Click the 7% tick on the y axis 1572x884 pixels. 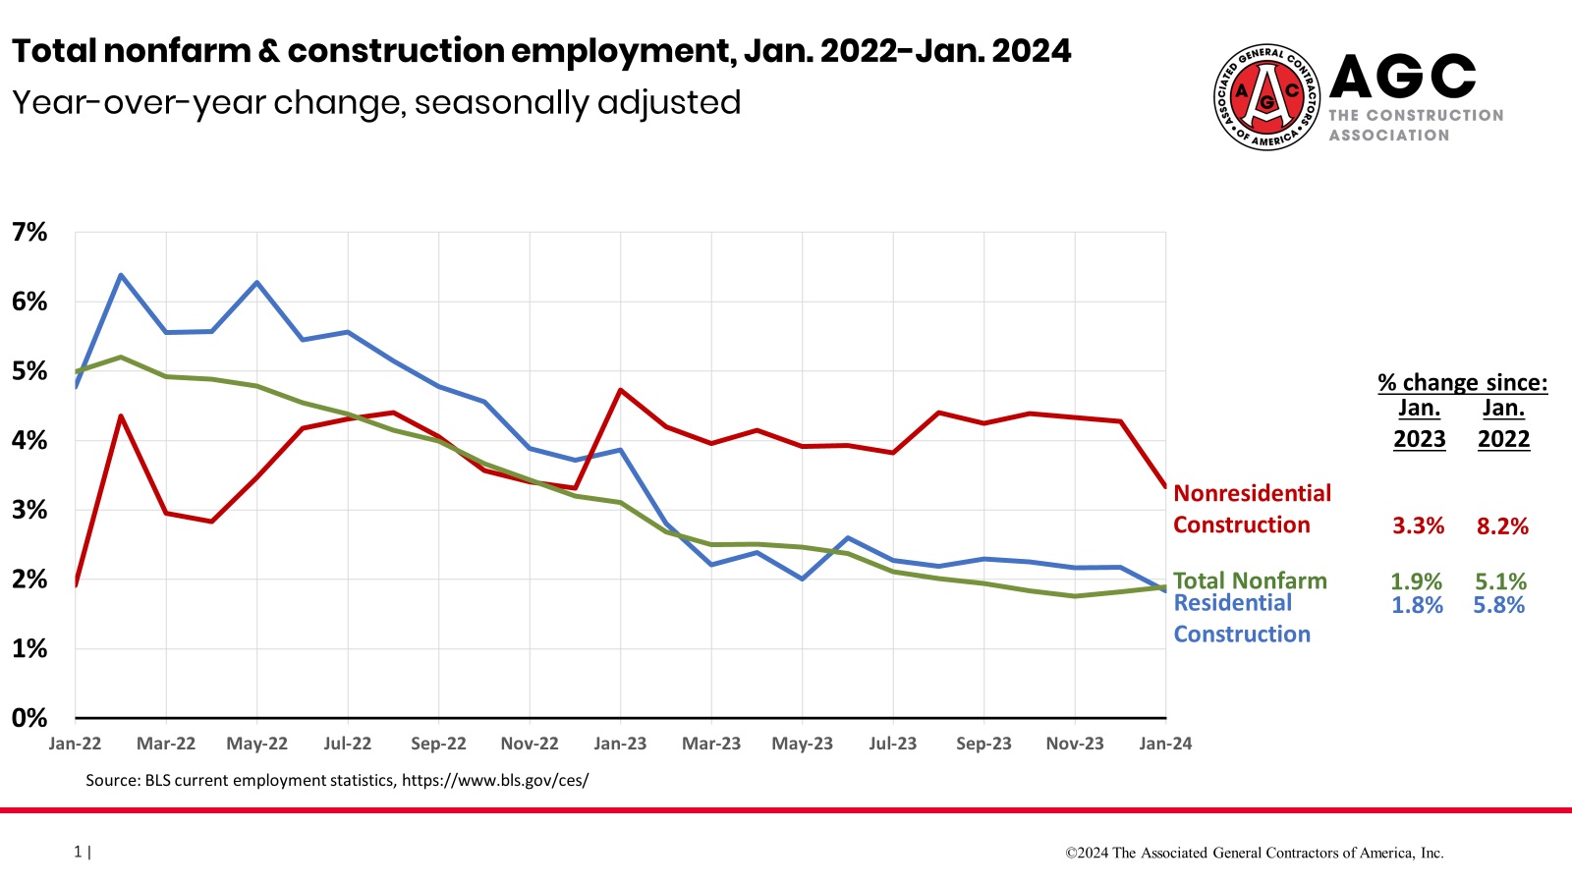(29, 233)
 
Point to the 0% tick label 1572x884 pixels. (29, 718)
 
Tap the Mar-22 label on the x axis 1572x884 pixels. (166, 744)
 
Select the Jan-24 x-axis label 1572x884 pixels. (1165, 744)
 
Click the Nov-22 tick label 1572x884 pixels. (530, 744)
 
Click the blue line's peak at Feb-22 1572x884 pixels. (121, 275)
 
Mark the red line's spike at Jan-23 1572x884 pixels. (621, 390)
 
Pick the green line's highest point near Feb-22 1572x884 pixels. (121, 357)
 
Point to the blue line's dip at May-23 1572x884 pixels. (803, 580)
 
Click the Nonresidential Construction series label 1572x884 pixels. (1252, 509)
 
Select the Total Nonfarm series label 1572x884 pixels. (1250, 580)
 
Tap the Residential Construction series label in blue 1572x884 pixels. (1242, 619)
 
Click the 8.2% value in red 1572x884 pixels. (1502, 526)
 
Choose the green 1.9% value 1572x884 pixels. (1416, 581)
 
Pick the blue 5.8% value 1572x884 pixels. (1498, 605)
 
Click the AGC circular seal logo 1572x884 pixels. (1266, 97)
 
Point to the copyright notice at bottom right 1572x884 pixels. (1255, 853)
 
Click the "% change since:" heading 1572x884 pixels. (1462, 382)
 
